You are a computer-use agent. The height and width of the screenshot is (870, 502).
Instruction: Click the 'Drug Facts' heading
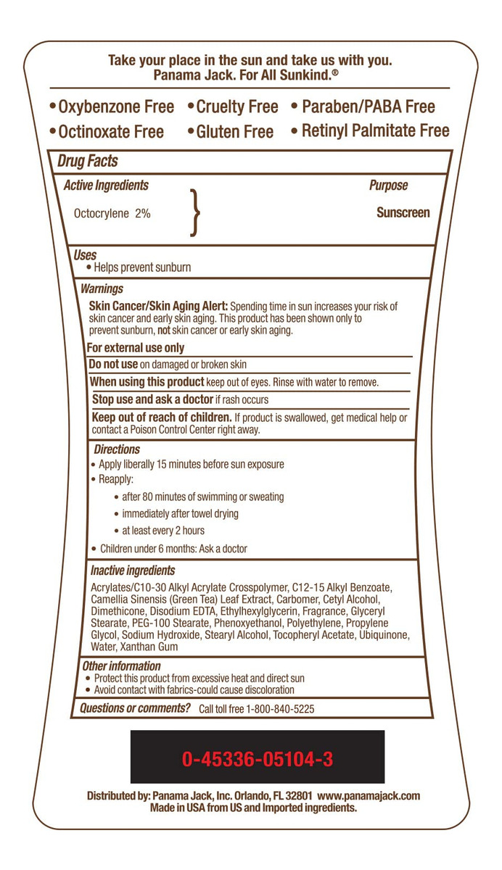click(87, 161)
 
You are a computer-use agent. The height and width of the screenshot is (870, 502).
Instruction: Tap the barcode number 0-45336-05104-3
click(258, 759)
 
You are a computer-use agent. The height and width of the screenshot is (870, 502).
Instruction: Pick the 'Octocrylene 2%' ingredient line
click(112, 214)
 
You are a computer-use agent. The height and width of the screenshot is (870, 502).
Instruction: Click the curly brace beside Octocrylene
click(194, 213)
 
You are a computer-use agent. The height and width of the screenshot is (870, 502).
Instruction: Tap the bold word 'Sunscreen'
click(403, 213)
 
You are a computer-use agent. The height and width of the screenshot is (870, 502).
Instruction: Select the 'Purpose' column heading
click(388, 186)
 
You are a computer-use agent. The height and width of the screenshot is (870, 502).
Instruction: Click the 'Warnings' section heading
click(102, 289)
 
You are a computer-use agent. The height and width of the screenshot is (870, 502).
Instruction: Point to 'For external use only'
click(135, 348)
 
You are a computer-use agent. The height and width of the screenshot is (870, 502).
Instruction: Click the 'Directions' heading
click(116, 449)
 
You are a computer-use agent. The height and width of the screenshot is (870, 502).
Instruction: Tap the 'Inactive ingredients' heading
click(132, 571)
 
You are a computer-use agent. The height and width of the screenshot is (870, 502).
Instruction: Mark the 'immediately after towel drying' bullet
click(180, 513)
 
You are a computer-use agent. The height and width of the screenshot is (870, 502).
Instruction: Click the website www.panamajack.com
click(369, 795)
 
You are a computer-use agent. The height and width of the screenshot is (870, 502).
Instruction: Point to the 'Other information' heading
click(121, 666)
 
